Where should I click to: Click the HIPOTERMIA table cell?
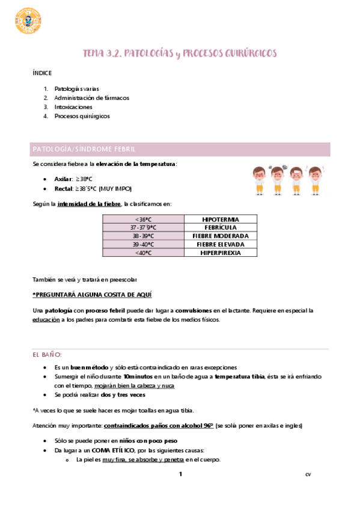point(220,219)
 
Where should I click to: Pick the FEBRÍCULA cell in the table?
point(220,227)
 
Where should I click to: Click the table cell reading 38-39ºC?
point(143,236)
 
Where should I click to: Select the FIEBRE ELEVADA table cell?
point(220,245)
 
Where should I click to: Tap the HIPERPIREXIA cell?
point(220,253)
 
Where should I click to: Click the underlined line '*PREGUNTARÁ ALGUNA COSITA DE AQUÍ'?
point(92,295)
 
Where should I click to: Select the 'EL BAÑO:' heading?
point(47,355)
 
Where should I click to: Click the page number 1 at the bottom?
point(179,475)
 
